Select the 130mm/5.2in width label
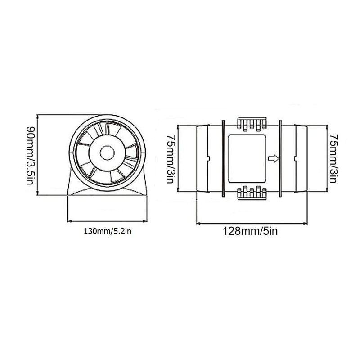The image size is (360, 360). click(x=107, y=232)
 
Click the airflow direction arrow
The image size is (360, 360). click(x=273, y=158)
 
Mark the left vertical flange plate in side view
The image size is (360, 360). click(x=223, y=158)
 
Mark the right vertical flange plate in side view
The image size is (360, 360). click(x=280, y=158)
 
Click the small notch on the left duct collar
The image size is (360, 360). click(x=208, y=158)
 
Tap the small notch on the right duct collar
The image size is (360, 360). click(x=295, y=158)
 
